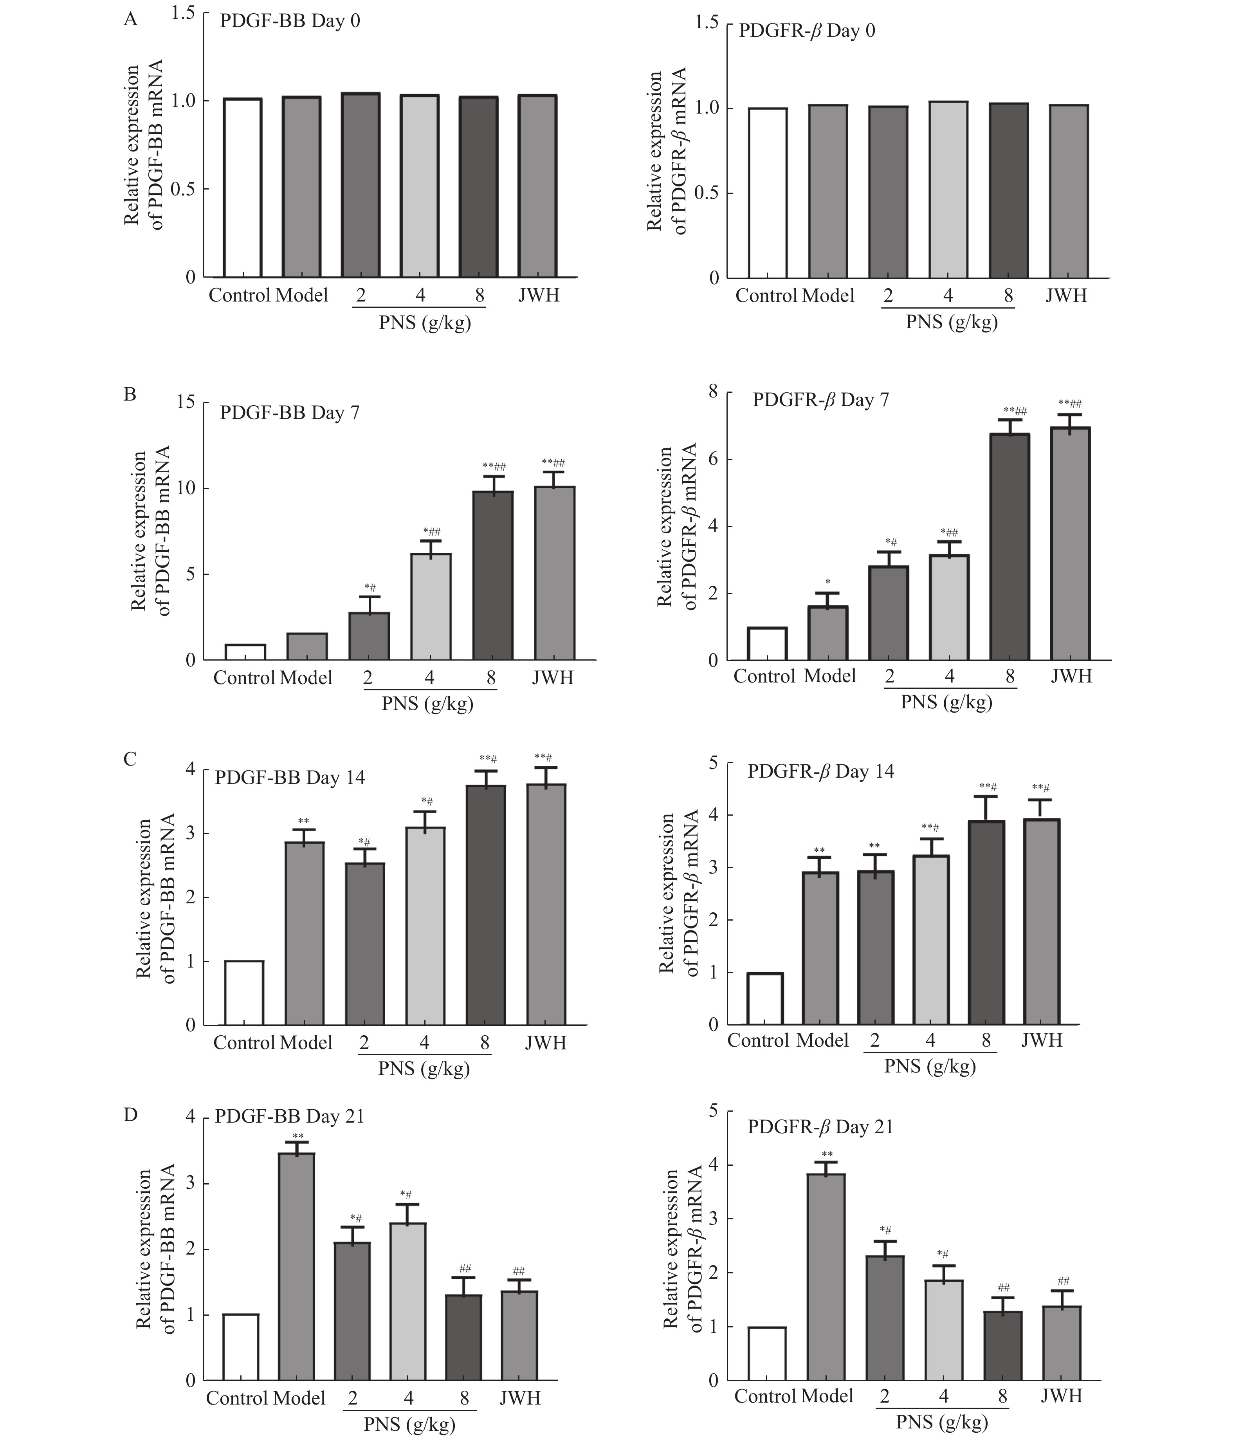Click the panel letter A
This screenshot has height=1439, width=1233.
point(130,20)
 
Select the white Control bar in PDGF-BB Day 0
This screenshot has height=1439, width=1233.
point(242,188)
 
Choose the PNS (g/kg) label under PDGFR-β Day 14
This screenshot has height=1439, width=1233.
point(930,1066)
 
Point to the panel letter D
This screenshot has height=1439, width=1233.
point(130,1115)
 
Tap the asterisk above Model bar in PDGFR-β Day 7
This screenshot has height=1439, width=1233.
point(827,582)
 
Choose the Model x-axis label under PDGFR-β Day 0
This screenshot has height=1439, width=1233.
point(827,296)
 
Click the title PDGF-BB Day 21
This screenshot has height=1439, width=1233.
point(290,1116)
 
